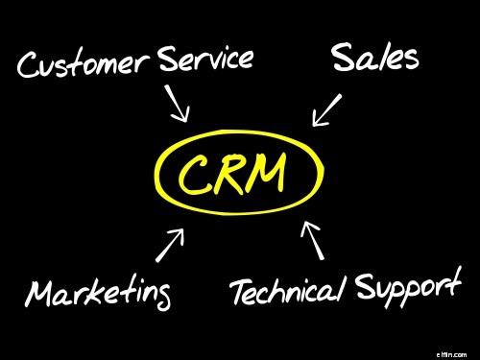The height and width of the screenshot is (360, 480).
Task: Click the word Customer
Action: pyautogui.click(x=84, y=64)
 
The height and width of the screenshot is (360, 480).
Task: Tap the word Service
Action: pyautogui.click(x=205, y=60)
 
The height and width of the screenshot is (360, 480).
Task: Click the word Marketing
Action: pyautogui.click(x=99, y=292)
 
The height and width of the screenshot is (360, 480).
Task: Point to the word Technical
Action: pyautogui.click(x=287, y=290)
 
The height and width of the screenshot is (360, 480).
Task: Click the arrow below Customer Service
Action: pyautogui.click(x=178, y=105)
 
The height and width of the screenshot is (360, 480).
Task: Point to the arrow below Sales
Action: pyautogui.click(x=327, y=109)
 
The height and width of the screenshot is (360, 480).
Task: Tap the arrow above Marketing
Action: pyautogui.click(x=170, y=245)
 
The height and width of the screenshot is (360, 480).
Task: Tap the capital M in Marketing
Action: pyautogui.click(x=42, y=292)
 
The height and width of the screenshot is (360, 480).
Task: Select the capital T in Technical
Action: pyautogui.click(x=240, y=291)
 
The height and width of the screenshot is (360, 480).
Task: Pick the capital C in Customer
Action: pyautogui.click(x=31, y=65)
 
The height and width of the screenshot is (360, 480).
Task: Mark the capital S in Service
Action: pyautogui.click(x=167, y=59)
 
